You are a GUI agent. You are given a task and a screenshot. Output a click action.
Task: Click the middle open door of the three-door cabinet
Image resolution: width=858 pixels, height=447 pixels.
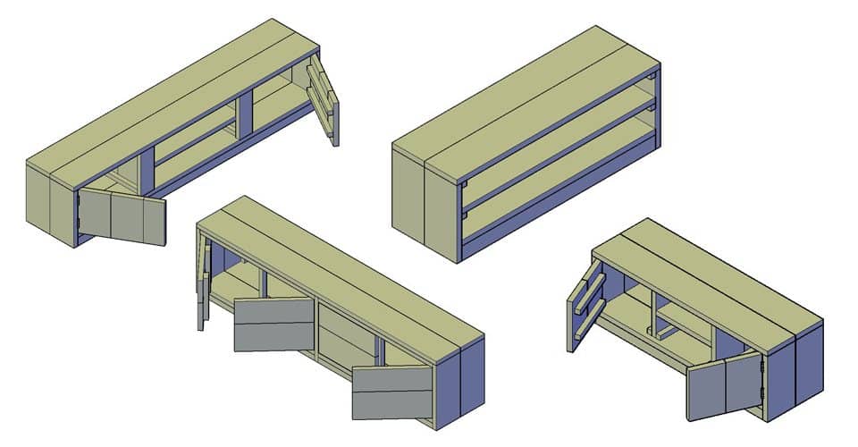[273, 324]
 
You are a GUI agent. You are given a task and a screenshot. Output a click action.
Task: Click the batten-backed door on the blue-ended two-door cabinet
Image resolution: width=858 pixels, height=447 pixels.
[583, 304]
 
